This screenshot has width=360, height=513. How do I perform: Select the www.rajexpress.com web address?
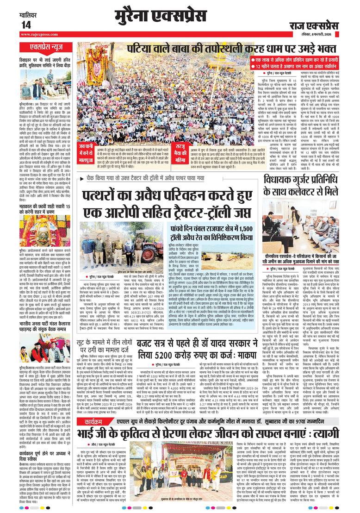click(37, 34)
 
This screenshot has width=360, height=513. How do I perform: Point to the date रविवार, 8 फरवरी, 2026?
click(324, 33)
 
